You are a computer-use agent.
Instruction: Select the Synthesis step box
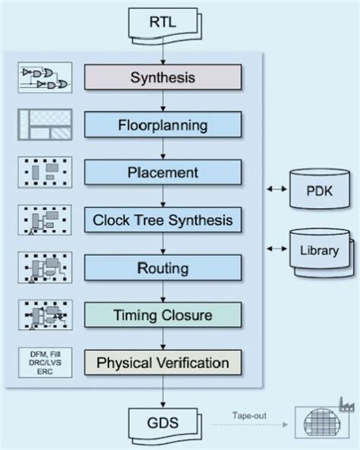click(x=163, y=77)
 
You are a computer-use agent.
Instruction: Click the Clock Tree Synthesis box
click(x=163, y=220)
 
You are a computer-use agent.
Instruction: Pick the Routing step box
click(x=163, y=268)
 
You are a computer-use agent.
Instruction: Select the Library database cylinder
click(x=319, y=247)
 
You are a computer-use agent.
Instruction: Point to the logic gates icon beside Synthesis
click(x=46, y=77)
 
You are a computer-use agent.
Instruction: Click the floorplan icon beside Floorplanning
click(x=46, y=123)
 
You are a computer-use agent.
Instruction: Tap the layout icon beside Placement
click(x=46, y=172)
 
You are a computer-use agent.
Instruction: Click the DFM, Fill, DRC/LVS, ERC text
click(x=46, y=361)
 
